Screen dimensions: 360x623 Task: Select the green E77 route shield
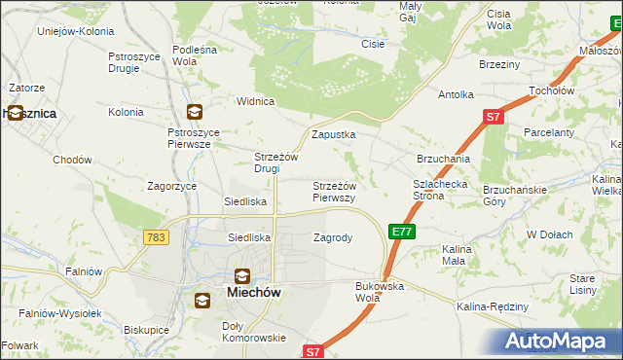402,232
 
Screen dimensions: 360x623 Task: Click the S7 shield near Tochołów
493,118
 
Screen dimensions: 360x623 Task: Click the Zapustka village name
333,135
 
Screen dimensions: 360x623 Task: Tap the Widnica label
257,101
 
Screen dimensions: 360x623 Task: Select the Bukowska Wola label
380,291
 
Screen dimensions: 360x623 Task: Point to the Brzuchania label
444,158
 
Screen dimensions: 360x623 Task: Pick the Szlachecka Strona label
443,189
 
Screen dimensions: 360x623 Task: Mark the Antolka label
456,95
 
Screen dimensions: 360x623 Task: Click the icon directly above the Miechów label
241,275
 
